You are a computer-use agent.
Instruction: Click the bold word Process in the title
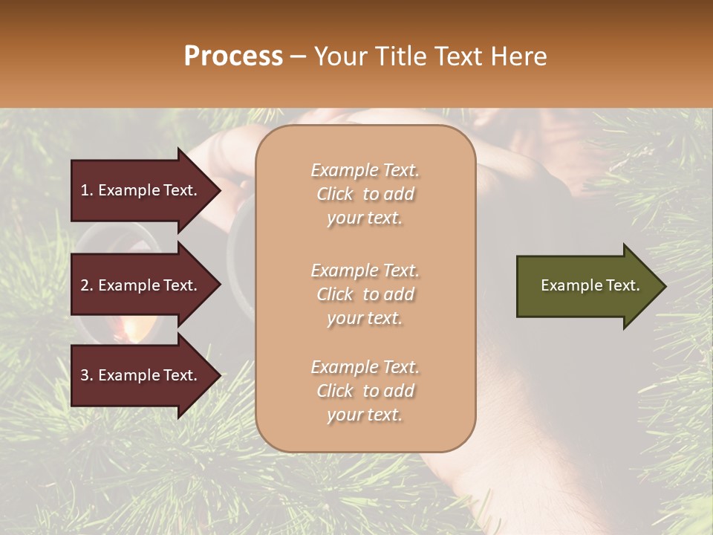(x=233, y=56)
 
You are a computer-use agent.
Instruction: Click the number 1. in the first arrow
(x=87, y=190)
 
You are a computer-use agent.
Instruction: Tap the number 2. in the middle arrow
(x=87, y=285)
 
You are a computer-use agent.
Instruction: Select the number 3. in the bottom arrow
(x=87, y=375)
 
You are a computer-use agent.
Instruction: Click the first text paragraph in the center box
(x=365, y=194)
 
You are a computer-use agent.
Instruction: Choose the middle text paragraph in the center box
(x=365, y=294)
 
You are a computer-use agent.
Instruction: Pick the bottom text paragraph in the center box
(x=365, y=391)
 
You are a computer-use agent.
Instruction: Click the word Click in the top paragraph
(x=335, y=194)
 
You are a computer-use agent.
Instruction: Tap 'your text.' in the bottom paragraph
(x=365, y=415)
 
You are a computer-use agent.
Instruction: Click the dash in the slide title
(x=299, y=57)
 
